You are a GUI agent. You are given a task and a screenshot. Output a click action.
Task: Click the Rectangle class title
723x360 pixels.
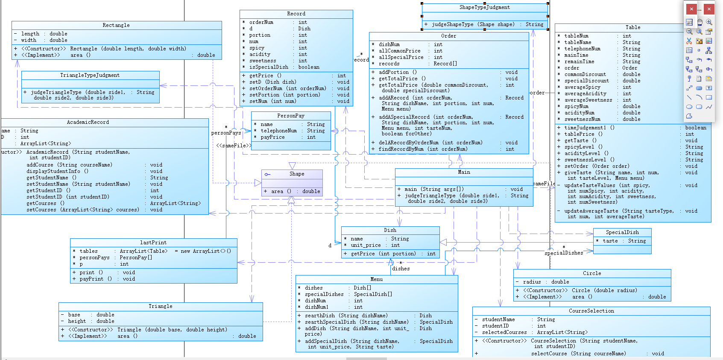[x=116, y=25]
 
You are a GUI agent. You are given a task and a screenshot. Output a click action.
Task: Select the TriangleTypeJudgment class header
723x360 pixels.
[x=90, y=75]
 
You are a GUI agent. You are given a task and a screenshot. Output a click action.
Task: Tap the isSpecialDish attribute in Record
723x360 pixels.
[x=269, y=67]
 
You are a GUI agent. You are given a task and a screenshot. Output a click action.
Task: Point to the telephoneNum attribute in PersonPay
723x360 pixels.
[x=278, y=131]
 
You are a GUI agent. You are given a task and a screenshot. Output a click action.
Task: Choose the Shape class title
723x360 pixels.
[x=297, y=174]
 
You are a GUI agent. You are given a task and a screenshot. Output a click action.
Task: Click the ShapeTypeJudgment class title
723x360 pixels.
[x=484, y=7]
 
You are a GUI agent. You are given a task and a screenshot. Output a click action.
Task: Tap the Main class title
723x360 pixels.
[x=464, y=172]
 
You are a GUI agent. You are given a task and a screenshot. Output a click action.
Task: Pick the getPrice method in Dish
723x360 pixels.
[x=363, y=254]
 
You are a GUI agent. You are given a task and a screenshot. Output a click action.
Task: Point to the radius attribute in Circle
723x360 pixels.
[x=532, y=282]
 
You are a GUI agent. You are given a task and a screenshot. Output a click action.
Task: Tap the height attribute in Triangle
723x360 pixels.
[x=77, y=321]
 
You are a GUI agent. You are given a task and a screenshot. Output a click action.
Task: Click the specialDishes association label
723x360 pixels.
[x=564, y=253]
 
